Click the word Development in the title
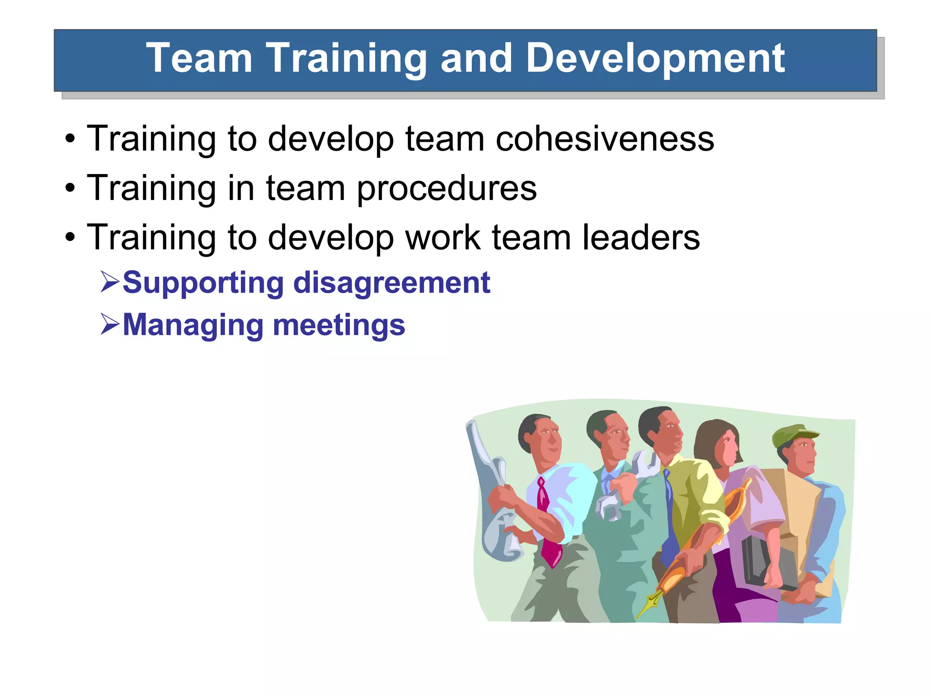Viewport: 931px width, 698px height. (x=655, y=58)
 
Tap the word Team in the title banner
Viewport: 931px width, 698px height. (x=199, y=58)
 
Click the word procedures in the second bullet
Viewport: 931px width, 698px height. (x=446, y=188)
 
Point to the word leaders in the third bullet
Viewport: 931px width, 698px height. (x=641, y=237)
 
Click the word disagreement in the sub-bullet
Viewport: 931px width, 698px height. (x=391, y=283)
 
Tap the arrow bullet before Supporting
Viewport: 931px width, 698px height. (x=110, y=281)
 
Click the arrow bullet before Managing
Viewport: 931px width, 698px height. (x=110, y=324)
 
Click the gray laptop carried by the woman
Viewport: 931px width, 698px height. (x=759, y=563)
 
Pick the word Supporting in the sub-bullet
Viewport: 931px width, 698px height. (x=203, y=283)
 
